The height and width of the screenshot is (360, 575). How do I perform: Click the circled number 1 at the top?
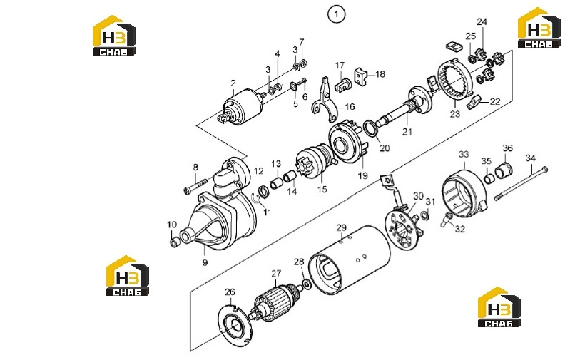(x=336, y=15)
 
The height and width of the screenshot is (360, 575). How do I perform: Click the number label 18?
(x=380, y=74)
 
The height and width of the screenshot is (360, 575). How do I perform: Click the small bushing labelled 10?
(x=175, y=242)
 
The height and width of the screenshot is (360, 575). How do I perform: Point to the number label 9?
(x=205, y=262)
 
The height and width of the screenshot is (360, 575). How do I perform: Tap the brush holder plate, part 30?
(x=403, y=226)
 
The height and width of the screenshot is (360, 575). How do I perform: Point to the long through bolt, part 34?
(x=521, y=183)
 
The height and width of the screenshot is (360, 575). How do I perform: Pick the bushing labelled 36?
(x=504, y=170)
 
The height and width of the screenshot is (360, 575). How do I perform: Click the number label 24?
(x=482, y=21)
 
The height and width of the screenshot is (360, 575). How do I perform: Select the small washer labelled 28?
(x=306, y=284)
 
